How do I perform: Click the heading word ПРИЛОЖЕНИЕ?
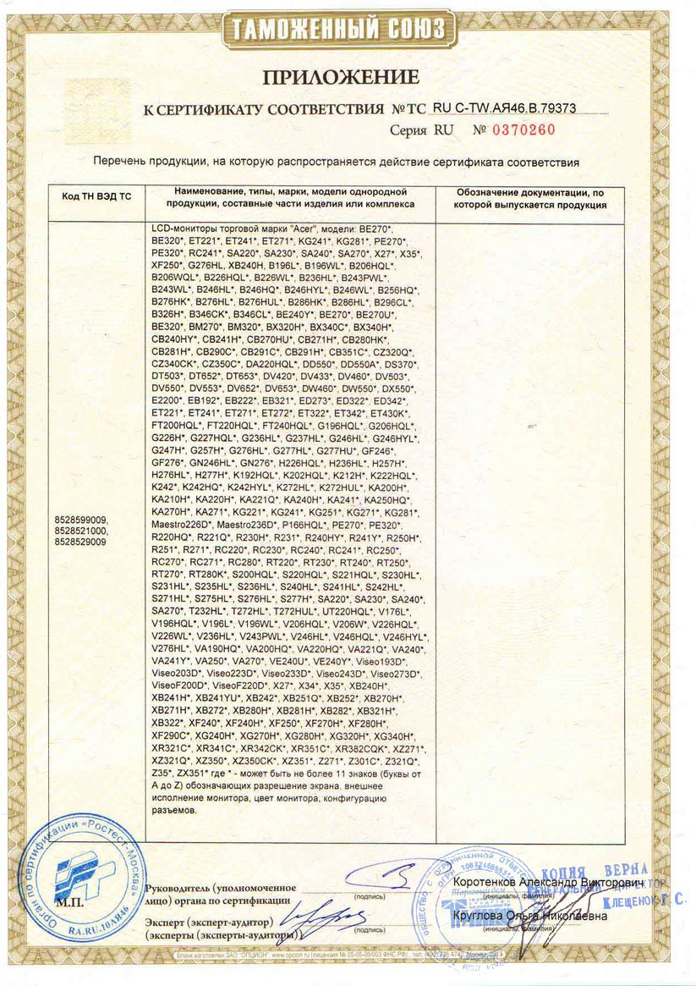(341, 77)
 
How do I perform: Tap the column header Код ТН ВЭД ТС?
(97, 196)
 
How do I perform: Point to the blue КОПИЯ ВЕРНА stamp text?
(606, 870)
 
